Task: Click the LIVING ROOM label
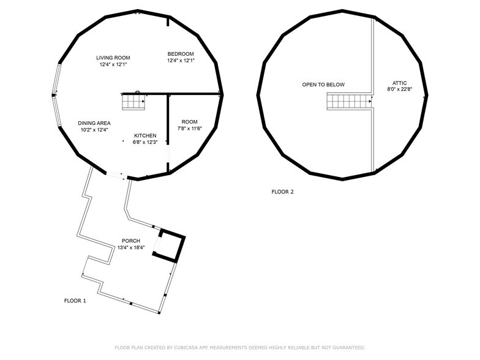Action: point(113,58)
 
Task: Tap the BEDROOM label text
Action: point(181,54)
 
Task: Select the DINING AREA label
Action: point(94,123)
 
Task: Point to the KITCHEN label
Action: point(145,135)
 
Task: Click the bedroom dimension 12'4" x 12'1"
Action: point(181,61)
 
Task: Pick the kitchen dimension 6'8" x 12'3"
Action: point(145,142)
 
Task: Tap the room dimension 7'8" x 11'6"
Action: point(190,129)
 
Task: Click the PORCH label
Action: point(131,241)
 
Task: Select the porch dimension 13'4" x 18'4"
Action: point(131,247)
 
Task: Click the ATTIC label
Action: point(399,83)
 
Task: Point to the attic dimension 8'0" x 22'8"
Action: point(399,89)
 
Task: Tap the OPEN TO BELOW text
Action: point(323,84)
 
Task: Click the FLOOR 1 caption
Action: point(75,301)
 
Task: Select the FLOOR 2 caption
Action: point(283,192)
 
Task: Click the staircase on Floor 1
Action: point(133,102)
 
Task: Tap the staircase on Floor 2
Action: point(349,102)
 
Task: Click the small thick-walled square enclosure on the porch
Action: point(169,245)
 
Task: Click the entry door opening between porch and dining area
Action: point(116,175)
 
